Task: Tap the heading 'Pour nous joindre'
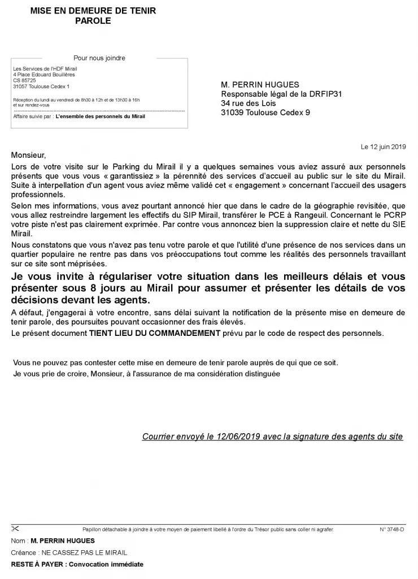99,58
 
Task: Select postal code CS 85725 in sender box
24,80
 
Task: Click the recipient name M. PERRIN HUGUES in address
260,85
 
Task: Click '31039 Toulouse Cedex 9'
265,112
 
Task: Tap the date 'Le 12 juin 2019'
384,146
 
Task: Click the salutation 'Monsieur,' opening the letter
27,154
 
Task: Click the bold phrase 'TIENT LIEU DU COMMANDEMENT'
154,333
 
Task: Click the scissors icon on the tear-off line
15,529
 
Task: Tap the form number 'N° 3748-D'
391,530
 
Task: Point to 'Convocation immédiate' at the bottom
106,564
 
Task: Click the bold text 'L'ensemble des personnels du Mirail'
100,116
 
